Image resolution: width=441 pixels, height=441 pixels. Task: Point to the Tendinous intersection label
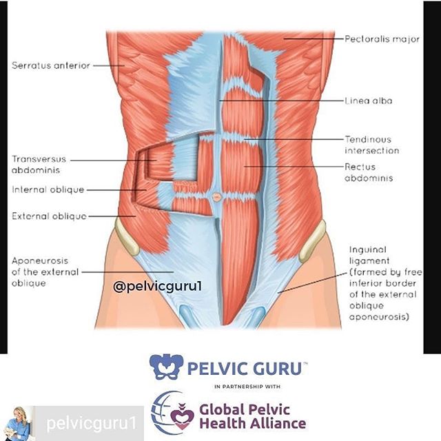click(371, 145)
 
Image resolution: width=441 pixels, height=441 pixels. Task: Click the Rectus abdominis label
click(369, 172)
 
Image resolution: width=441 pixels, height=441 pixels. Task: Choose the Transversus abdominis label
click(37, 163)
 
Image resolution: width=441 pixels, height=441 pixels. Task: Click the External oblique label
click(49, 216)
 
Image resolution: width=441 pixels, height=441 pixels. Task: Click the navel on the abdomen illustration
click(216, 196)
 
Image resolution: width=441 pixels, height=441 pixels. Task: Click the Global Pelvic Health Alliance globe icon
click(167, 413)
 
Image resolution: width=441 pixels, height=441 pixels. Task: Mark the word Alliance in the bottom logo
click(275, 422)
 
